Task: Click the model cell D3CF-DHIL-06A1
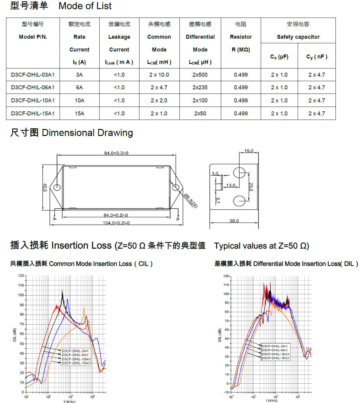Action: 33,88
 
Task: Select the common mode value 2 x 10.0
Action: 159,75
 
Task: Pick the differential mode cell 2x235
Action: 200,88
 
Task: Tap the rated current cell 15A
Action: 80,114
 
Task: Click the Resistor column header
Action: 241,37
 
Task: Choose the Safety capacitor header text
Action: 298,37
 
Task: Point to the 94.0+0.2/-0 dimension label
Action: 116,153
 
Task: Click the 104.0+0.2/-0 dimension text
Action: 116,223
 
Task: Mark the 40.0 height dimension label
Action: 45,188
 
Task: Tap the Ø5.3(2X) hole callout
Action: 191,201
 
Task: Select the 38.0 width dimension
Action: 234,221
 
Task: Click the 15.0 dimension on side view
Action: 249,151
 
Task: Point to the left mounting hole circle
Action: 57,187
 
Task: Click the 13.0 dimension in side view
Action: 231,185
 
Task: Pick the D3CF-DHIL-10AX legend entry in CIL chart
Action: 76,359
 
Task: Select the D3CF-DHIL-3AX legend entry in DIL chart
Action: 275,346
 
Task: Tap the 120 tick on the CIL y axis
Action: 21,276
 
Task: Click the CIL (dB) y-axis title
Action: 15,335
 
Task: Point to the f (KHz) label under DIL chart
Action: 272,401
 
